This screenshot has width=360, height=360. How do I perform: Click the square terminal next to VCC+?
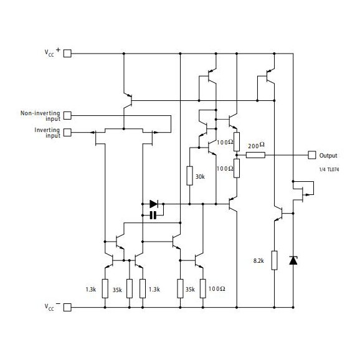pyautogui.click(x=68, y=54)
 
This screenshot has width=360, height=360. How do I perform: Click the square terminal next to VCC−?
pyautogui.click(x=68, y=307)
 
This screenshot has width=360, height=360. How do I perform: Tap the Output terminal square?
pyautogui.click(x=311, y=154)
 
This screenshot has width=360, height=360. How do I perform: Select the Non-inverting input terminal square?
pyautogui.click(x=68, y=115)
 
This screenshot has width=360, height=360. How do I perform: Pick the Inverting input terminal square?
pyautogui.click(x=68, y=131)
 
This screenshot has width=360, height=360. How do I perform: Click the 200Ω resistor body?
pyautogui.click(x=255, y=154)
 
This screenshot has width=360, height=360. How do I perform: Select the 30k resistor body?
pyautogui.click(x=190, y=176)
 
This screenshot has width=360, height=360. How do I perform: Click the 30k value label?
pyautogui.click(x=200, y=177)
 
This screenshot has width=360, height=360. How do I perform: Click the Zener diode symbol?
pyautogui.click(x=293, y=260)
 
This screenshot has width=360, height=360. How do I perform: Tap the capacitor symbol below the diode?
pyautogui.click(x=153, y=215)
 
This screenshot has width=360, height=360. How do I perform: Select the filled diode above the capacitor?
pyautogui.click(x=154, y=203)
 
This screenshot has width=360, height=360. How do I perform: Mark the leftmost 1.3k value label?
pyautogui.click(x=91, y=290)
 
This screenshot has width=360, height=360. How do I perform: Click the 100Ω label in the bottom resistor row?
pyautogui.click(x=217, y=290)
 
